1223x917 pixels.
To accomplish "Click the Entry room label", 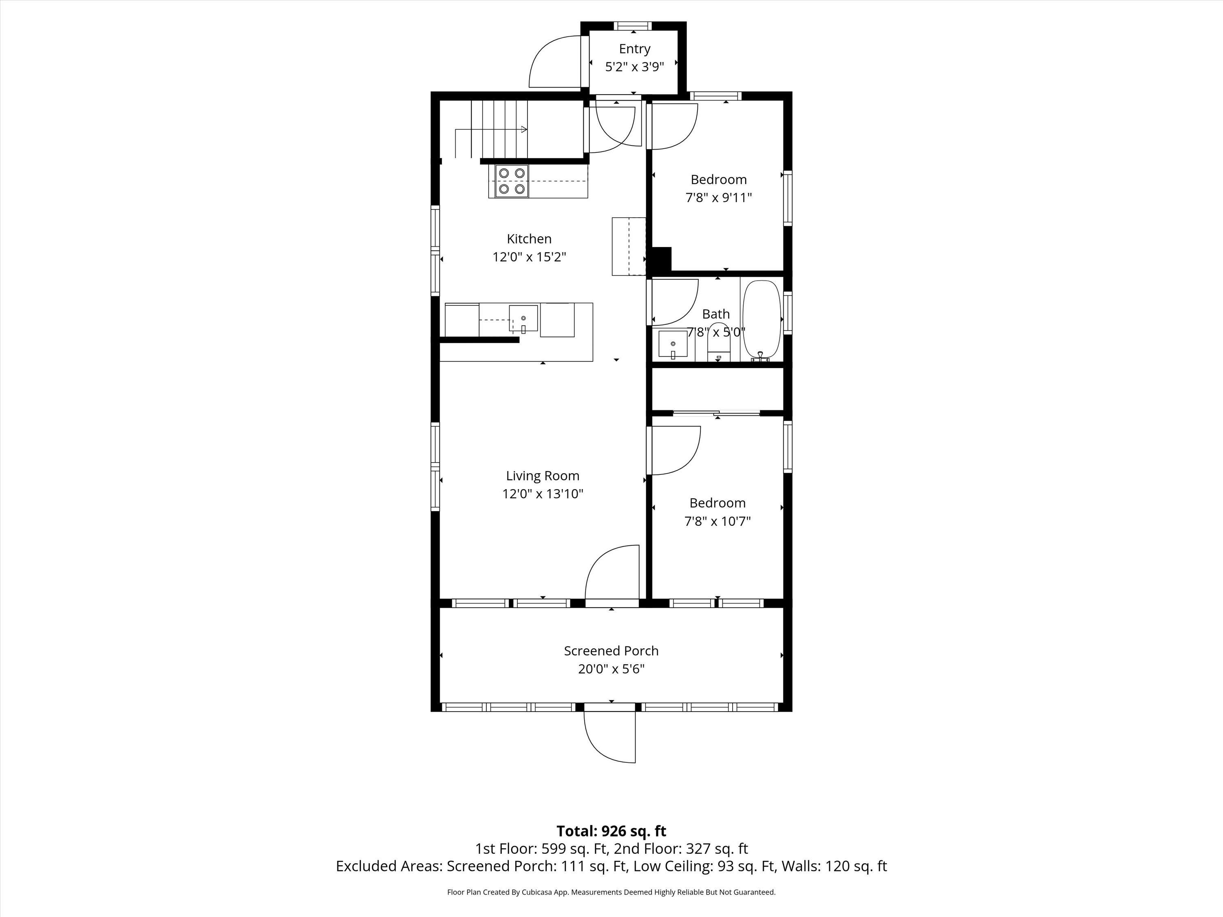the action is (x=634, y=49).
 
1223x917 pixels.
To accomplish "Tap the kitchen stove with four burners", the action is (x=512, y=181).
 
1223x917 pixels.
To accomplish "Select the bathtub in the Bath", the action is (x=762, y=321).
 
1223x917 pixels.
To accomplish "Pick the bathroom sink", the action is (x=673, y=346).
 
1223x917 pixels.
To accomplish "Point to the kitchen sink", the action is (x=523, y=319).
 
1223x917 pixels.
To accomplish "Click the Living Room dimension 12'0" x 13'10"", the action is (x=543, y=494).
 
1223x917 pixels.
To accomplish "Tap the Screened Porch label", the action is (x=611, y=651).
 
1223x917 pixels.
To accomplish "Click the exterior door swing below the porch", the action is (x=610, y=737).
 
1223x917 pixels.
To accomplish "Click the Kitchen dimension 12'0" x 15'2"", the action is (x=530, y=257).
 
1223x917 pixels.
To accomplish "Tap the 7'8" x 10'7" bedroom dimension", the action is (x=717, y=521).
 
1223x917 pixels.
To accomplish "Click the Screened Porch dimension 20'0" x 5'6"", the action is (x=611, y=669).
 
